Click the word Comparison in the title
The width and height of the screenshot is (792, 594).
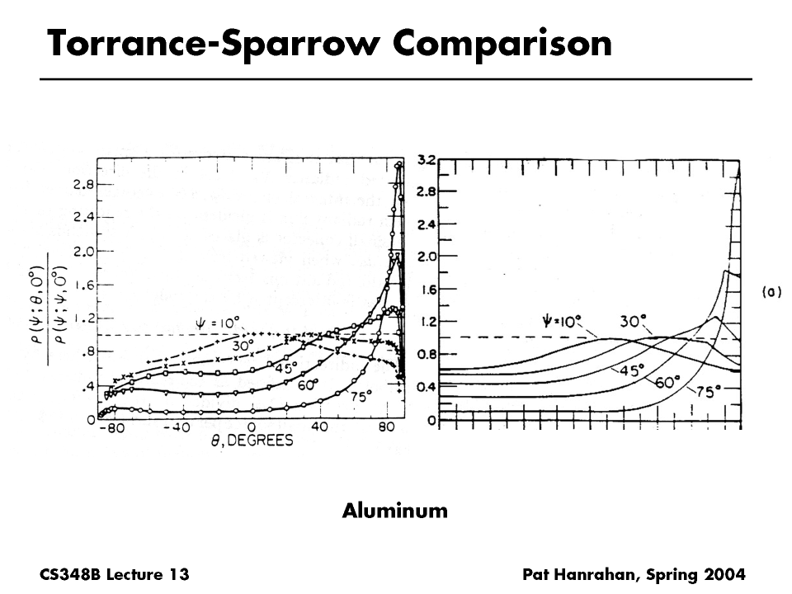[502, 43]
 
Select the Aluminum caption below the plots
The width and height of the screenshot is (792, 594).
[395, 511]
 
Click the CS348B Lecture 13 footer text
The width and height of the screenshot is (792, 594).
[114, 573]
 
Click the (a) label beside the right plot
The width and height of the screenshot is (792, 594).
[771, 291]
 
